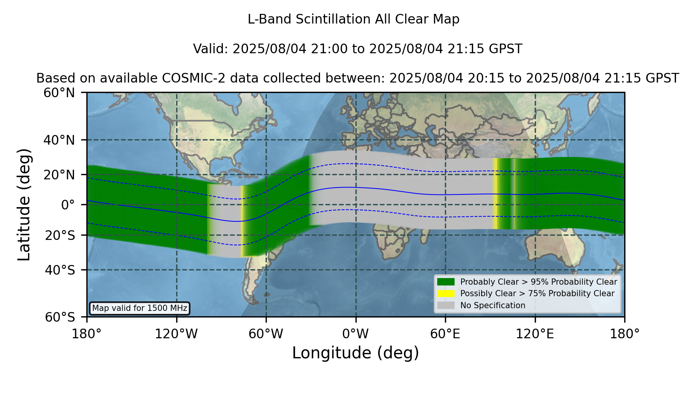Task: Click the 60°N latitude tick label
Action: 59,93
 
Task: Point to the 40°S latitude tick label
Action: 60,270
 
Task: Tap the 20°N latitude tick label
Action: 59,175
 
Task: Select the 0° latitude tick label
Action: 68,205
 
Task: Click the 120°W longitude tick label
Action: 176,334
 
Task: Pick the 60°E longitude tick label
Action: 445,334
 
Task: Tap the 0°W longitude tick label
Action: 355,334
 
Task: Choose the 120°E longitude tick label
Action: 535,334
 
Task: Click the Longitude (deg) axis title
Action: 355,353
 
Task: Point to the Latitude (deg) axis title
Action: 24,205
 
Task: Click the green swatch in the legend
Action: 446,282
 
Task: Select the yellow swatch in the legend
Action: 446,294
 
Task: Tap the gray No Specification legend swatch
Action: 446,305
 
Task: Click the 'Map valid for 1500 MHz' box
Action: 140,308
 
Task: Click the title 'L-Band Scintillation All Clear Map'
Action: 354,19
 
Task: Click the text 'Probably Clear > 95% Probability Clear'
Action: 539,282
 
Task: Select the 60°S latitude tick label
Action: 60,317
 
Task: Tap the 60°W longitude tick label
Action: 266,334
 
